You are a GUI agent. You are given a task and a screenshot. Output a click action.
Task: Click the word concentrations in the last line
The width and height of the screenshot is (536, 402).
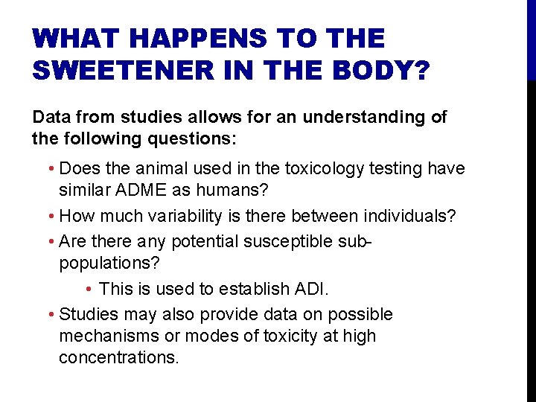point(119,357)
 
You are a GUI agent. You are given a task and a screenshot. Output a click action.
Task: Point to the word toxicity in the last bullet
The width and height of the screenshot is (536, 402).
point(291,336)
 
